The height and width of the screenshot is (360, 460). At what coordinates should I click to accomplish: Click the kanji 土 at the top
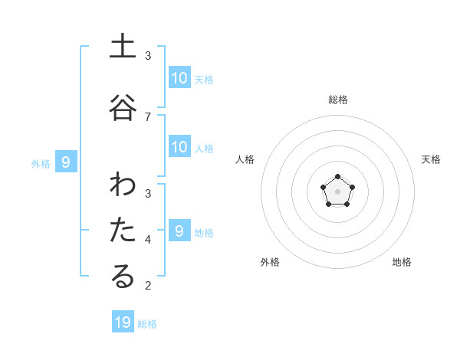123,47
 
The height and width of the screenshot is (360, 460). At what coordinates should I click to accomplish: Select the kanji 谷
123,107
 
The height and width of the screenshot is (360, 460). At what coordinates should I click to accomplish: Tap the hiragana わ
123,185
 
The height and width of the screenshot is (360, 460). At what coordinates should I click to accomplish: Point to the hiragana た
123,231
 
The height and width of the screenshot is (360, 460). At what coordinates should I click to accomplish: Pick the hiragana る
123,277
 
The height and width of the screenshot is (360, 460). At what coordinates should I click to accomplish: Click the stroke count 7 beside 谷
148,116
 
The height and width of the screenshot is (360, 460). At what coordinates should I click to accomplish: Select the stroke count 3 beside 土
148,56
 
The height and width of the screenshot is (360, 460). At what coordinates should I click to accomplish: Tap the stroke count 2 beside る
148,286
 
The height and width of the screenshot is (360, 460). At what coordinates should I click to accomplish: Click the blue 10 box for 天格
179,77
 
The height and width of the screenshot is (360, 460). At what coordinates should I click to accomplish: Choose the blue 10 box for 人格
179,147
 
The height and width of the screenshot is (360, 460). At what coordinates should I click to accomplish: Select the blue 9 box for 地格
179,231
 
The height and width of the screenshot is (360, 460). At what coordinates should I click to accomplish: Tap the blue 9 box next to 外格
66,162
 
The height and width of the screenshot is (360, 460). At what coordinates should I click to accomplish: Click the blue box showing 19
123,322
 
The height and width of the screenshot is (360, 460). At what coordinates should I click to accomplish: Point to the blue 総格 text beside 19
147,324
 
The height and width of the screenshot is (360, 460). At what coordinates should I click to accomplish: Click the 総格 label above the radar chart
338,100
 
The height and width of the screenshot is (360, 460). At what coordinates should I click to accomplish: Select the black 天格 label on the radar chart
432,159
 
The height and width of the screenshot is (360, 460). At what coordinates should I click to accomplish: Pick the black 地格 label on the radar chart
402,262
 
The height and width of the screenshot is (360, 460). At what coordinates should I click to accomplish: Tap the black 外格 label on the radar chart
270,262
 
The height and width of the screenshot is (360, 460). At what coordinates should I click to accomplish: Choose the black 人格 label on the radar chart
245,159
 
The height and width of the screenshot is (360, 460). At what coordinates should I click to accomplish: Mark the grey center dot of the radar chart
338,191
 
